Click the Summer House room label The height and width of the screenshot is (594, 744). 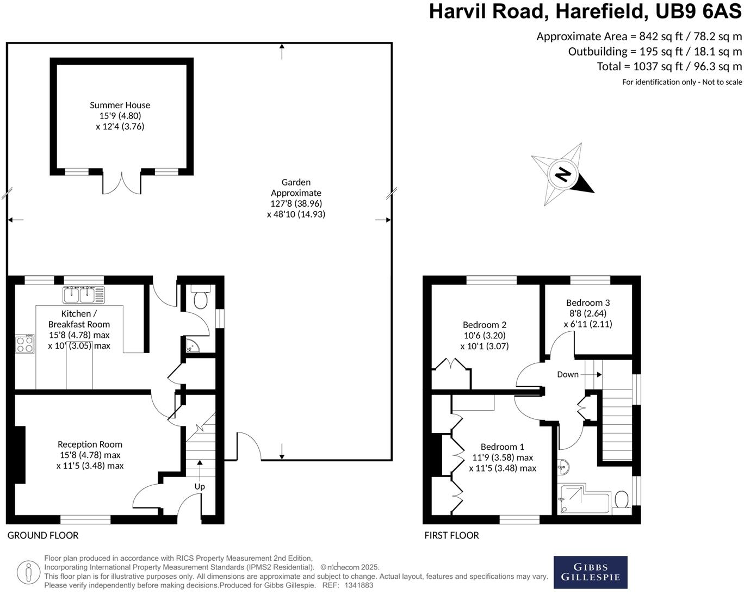[120, 105]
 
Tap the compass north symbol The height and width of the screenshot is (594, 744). [562, 175]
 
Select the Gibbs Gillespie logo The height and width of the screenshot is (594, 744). [590, 572]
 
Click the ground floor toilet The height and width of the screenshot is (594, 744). [201, 298]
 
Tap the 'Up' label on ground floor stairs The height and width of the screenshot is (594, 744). [200, 486]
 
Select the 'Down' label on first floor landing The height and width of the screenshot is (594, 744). [568, 374]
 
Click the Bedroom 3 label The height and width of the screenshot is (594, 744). [588, 302]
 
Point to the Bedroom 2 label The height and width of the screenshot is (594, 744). [485, 325]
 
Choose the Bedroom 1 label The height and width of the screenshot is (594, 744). [502, 447]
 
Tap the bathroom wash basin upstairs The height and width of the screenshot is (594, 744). [563, 466]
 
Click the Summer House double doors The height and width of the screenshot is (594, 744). [122, 183]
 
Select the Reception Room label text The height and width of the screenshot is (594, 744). [90, 444]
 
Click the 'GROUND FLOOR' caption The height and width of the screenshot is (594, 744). [43, 535]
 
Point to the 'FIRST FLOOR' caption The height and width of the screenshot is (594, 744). [451, 535]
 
